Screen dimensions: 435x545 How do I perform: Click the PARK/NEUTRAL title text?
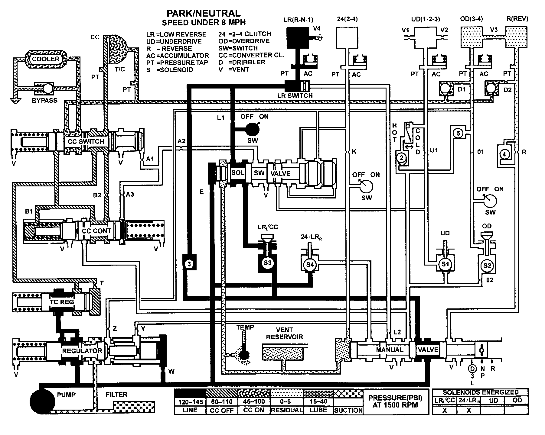[204, 13]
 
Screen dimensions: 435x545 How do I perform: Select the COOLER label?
[46, 59]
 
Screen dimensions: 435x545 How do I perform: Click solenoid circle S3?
[267, 263]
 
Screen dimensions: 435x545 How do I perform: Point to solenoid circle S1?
[445, 264]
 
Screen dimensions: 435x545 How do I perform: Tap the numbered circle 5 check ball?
[458, 133]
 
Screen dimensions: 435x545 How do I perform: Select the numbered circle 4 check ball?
[504, 154]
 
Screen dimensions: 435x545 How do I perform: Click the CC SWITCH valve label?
[86, 141]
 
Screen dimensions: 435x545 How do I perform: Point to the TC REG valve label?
[62, 302]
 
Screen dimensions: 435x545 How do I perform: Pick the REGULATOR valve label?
[82, 351]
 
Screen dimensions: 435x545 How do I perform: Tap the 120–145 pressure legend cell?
[190, 401]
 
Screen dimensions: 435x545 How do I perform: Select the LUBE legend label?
[318, 410]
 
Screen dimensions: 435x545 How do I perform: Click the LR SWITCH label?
[295, 95]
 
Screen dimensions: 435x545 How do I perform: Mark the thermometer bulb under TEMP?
[244, 355]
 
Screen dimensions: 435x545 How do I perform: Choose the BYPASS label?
[44, 100]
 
